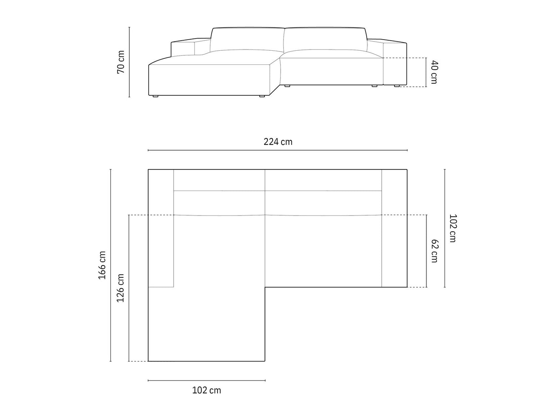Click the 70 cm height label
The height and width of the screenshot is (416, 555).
point(121,62)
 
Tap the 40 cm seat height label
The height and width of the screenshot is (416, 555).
point(434,72)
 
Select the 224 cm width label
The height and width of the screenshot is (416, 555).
point(278,142)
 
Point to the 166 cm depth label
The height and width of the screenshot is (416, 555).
point(102,265)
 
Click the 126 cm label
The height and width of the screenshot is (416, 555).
point(120,288)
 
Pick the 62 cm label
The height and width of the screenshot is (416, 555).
point(434,251)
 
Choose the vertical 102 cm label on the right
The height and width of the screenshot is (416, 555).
point(453,228)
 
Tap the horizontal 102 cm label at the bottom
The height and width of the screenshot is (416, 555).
point(206,390)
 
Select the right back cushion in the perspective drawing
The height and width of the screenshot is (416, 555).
point(325,39)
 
